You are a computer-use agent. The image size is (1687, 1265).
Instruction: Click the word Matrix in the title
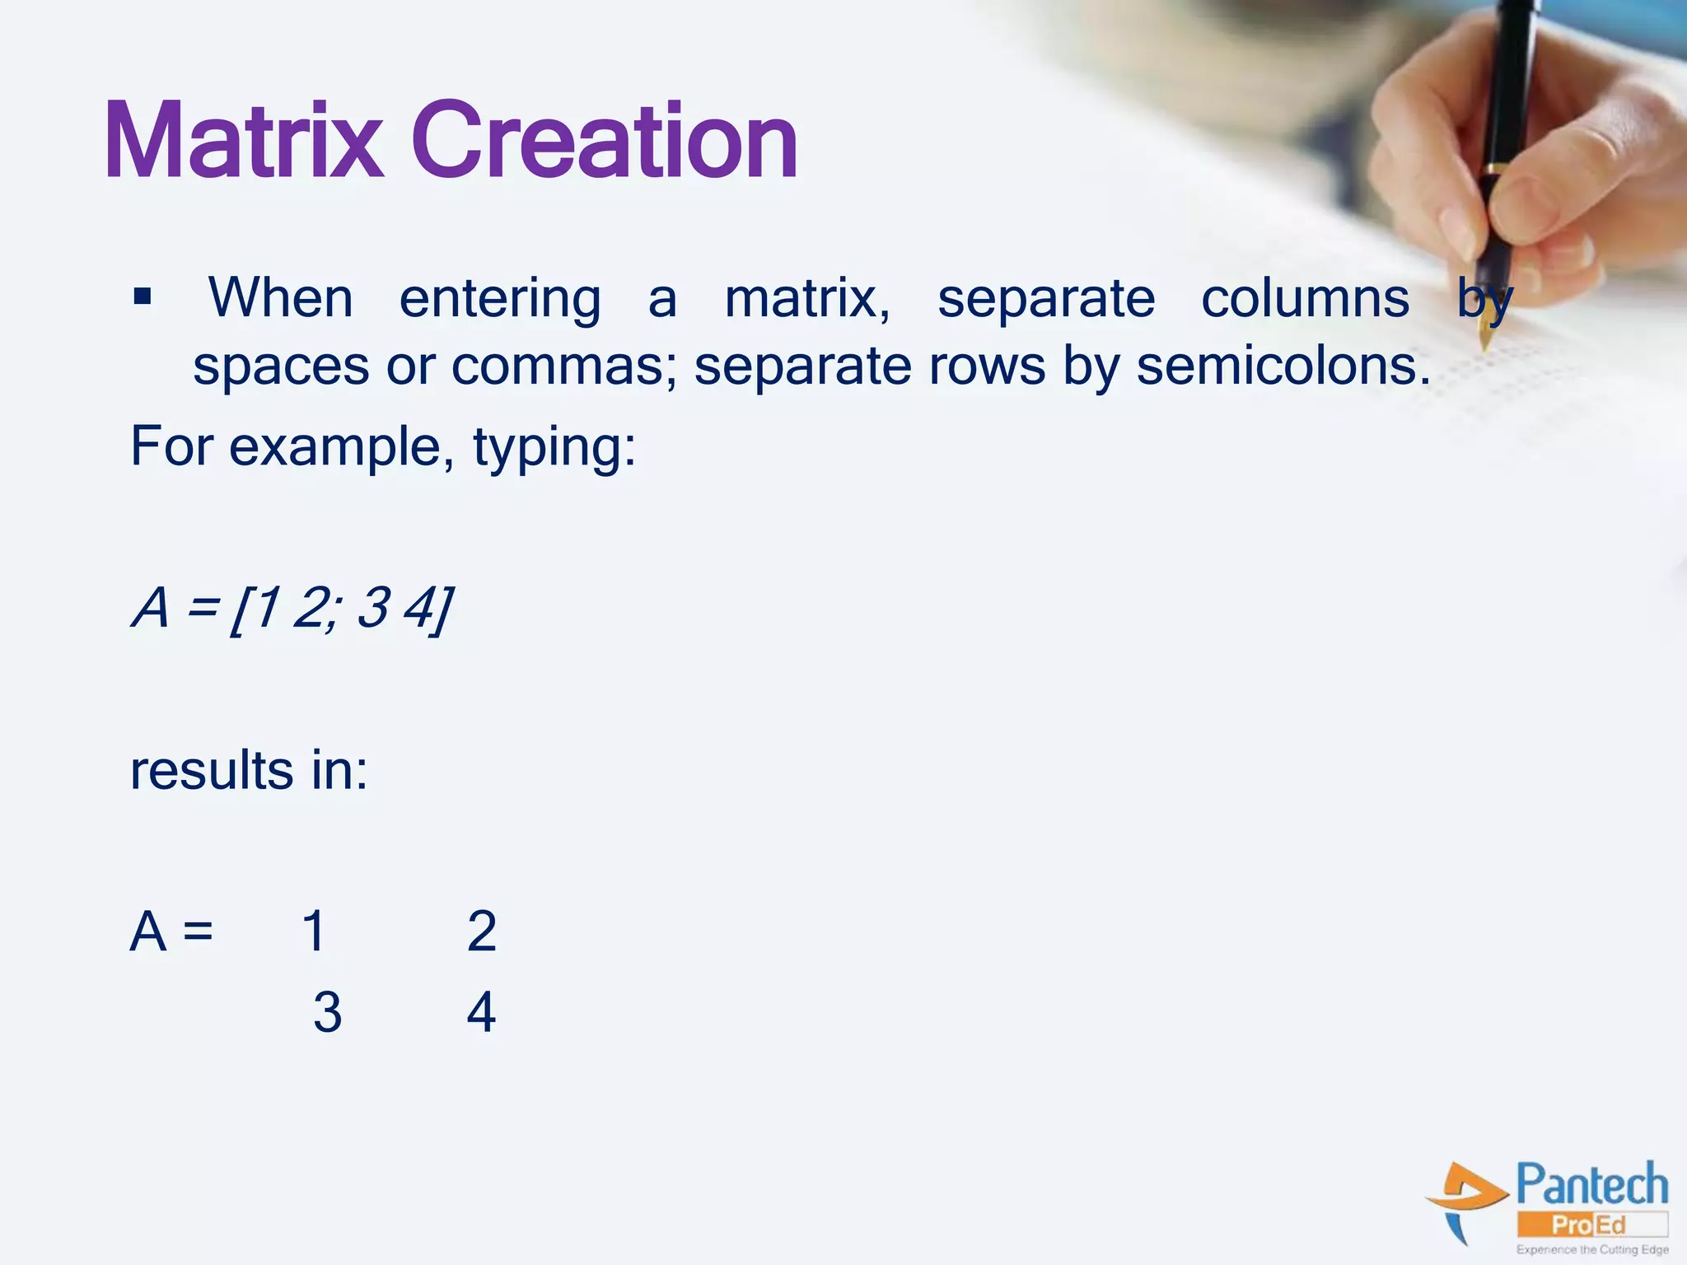tap(244, 142)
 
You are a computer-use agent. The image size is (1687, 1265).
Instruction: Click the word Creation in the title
tap(605, 142)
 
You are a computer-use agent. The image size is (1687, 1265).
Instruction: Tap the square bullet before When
tap(143, 296)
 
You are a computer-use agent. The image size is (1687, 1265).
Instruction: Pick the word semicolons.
tap(1283, 366)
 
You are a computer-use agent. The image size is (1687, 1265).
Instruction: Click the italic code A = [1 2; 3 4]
tap(292, 609)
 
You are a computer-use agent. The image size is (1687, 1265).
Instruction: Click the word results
tap(212, 772)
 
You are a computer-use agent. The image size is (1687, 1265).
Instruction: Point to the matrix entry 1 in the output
tap(314, 931)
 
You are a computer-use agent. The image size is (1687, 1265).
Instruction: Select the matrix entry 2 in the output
tap(482, 931)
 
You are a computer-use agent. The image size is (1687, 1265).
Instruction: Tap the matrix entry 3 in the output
tap(327, 1012)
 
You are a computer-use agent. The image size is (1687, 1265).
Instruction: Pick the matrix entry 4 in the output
tap(481, 1012)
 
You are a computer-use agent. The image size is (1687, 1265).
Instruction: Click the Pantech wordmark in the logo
tap(1591, 1185)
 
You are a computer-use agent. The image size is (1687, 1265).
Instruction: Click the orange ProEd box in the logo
tap(1591, 1225)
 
